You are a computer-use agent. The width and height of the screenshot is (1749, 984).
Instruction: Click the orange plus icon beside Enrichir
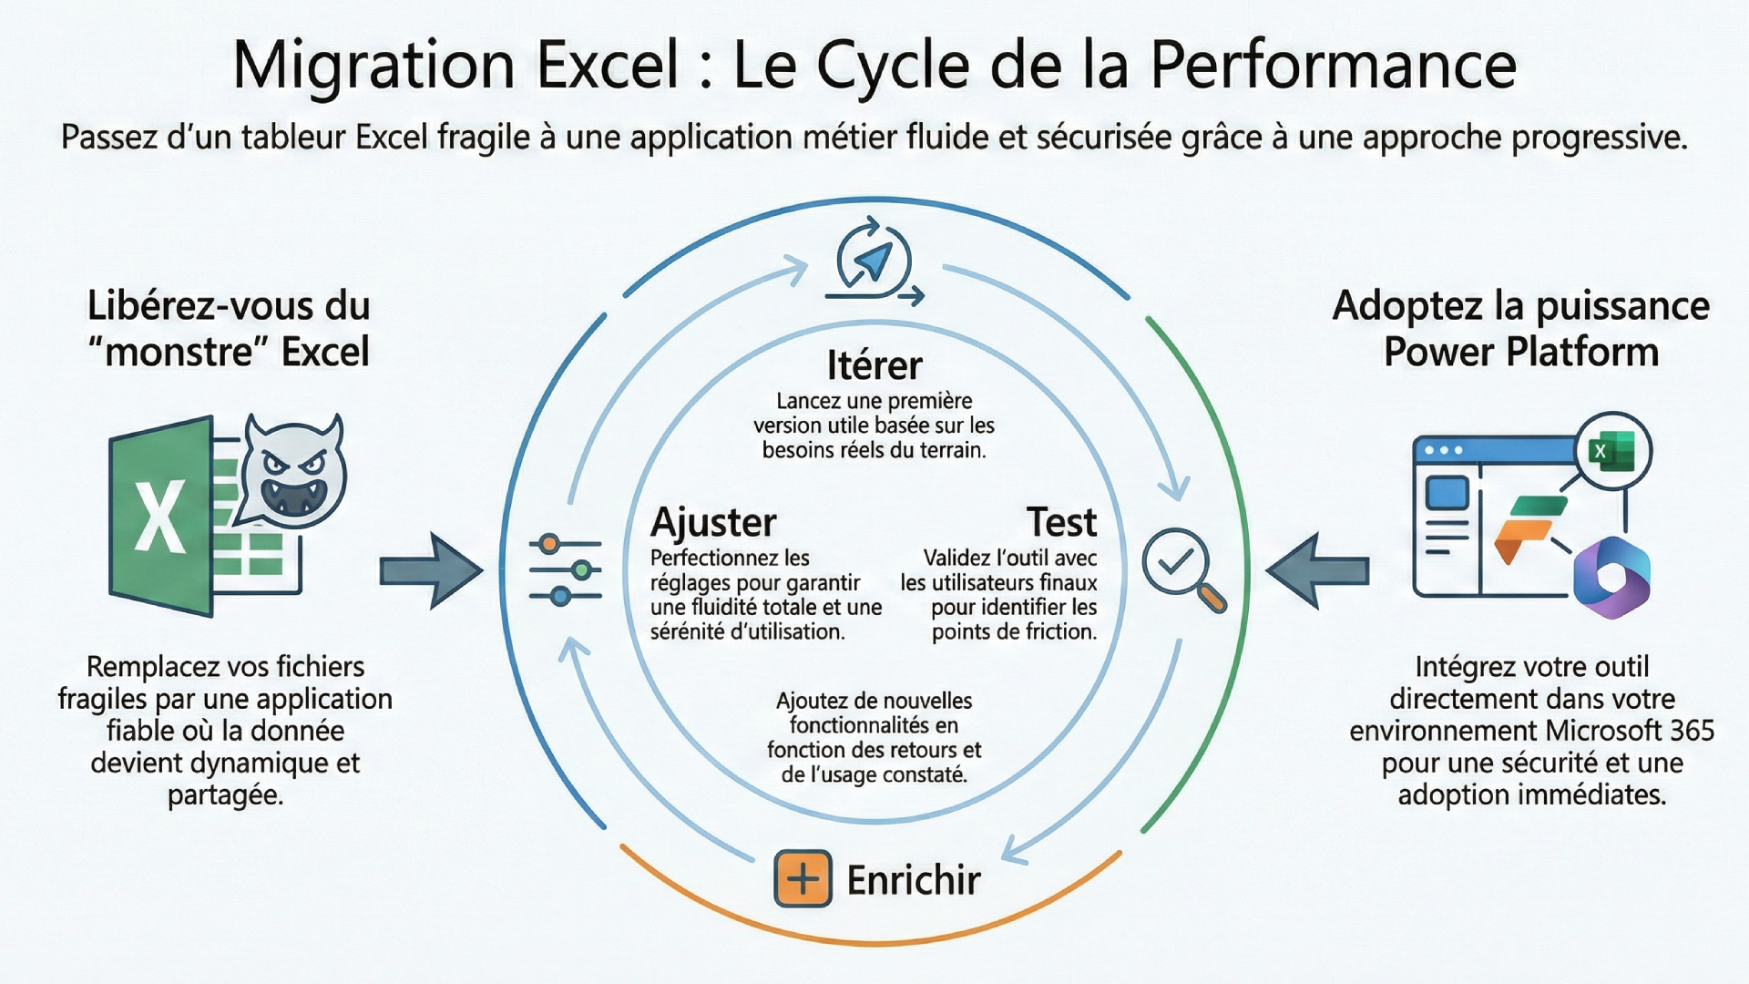(803, 878)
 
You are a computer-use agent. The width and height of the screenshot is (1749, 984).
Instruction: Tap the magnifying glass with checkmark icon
(1181, 568)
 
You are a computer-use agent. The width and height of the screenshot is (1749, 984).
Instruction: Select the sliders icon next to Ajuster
(566, 570)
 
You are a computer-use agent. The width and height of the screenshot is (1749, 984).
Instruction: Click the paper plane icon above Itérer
(874, 261)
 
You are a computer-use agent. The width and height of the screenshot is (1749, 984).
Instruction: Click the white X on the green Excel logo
(160, 517)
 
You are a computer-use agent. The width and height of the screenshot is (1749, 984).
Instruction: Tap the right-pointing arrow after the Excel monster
(431, 571)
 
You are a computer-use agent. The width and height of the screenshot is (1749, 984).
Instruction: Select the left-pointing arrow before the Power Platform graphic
(1317, 571)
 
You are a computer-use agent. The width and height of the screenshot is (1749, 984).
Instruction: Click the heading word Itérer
(874, 365)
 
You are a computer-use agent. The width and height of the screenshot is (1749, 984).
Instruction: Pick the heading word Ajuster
(713, 522)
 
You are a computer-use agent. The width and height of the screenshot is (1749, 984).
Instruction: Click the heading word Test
(1061, 522)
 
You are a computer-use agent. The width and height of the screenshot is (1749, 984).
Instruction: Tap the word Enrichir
(914, 880)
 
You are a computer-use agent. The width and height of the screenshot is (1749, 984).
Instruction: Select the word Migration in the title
(373, 66)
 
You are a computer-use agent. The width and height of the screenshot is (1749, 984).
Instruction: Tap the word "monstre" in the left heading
(179, 352)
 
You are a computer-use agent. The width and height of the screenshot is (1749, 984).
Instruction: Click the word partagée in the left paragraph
(225, 794)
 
